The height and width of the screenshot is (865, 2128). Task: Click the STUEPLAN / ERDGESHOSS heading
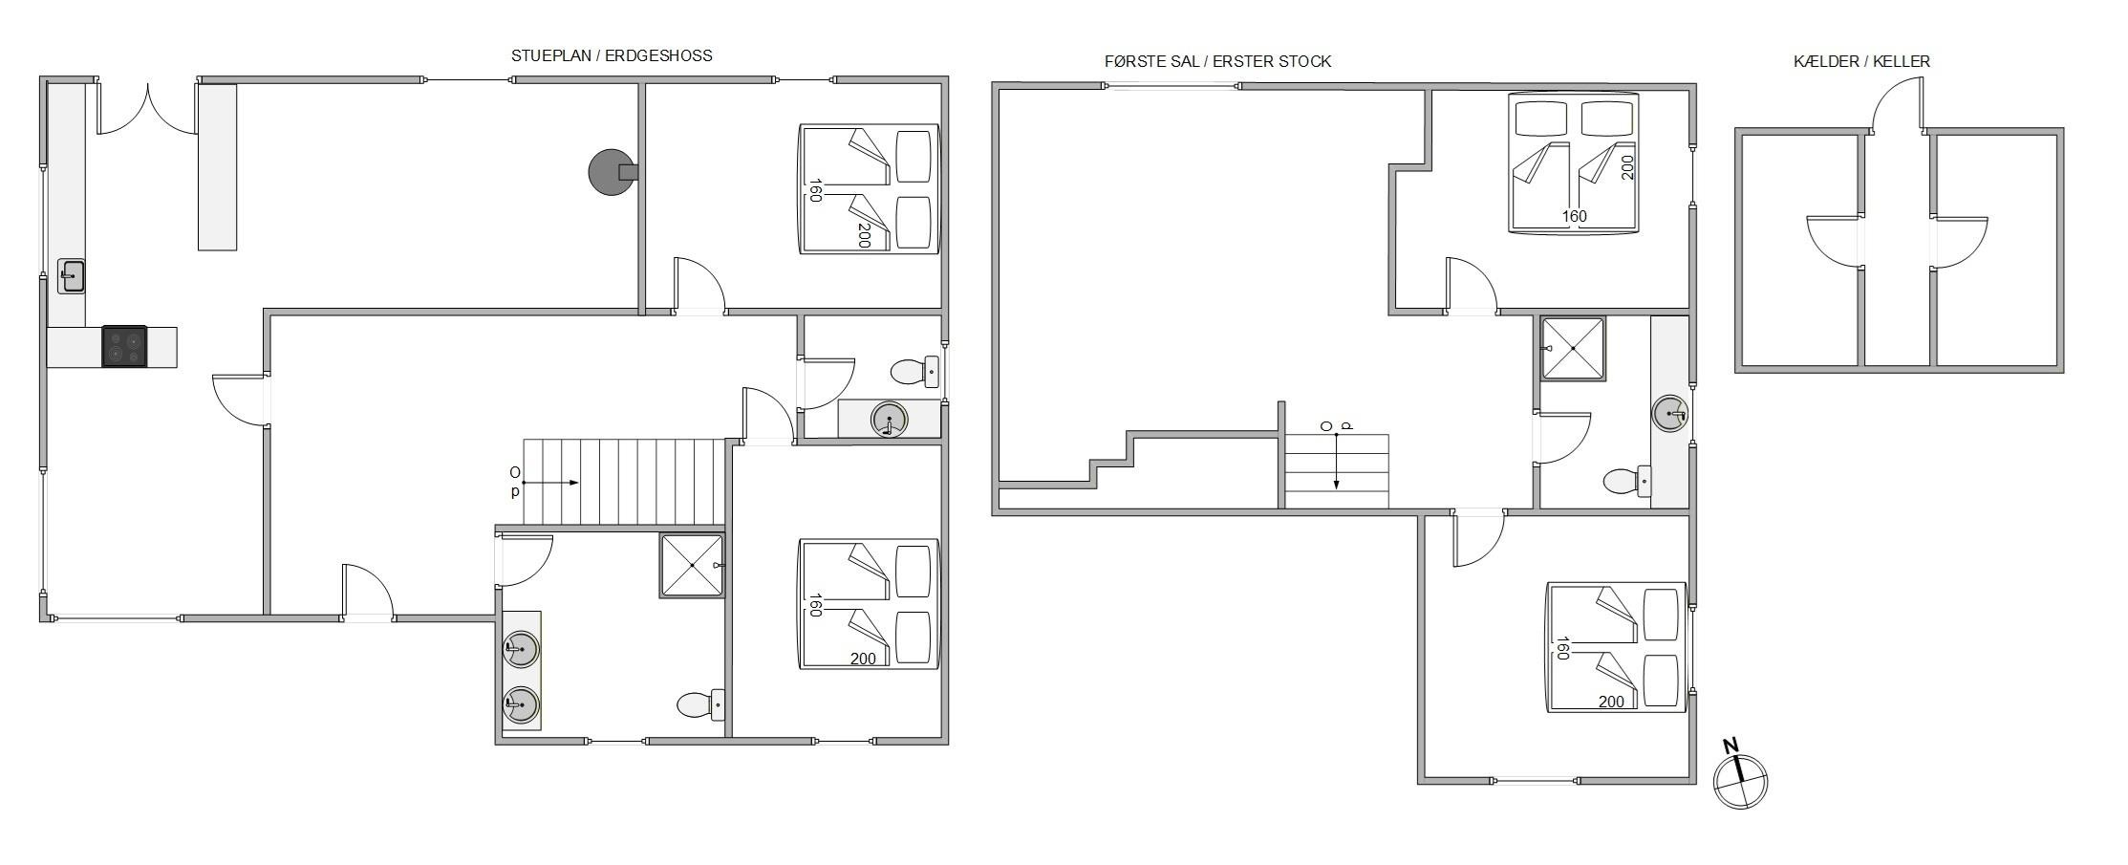tap(612, 55)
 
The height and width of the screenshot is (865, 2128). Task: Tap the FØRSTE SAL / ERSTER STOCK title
tap(1217, 61)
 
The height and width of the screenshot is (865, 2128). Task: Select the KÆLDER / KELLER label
tap(1861, 61)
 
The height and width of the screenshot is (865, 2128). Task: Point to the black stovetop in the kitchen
tap(125, 346)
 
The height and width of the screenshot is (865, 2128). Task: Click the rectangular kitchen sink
tap(72, 276)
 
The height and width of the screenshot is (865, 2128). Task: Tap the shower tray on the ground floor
tap(692, 566)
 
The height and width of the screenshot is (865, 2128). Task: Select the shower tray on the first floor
tap(1573, 348)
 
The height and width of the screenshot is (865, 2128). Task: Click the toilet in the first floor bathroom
tap(1626, 480)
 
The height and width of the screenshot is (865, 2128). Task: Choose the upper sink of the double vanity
tap(521, 648)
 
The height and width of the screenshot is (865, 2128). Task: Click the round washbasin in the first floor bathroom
tap(1670, 413)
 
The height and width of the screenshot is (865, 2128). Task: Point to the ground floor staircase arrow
tap(551, 483)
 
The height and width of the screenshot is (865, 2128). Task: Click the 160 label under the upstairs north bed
tap(1574, 216)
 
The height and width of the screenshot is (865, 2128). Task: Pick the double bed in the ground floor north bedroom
tap(869, 188)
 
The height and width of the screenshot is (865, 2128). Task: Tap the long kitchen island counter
tap(217, 167)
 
